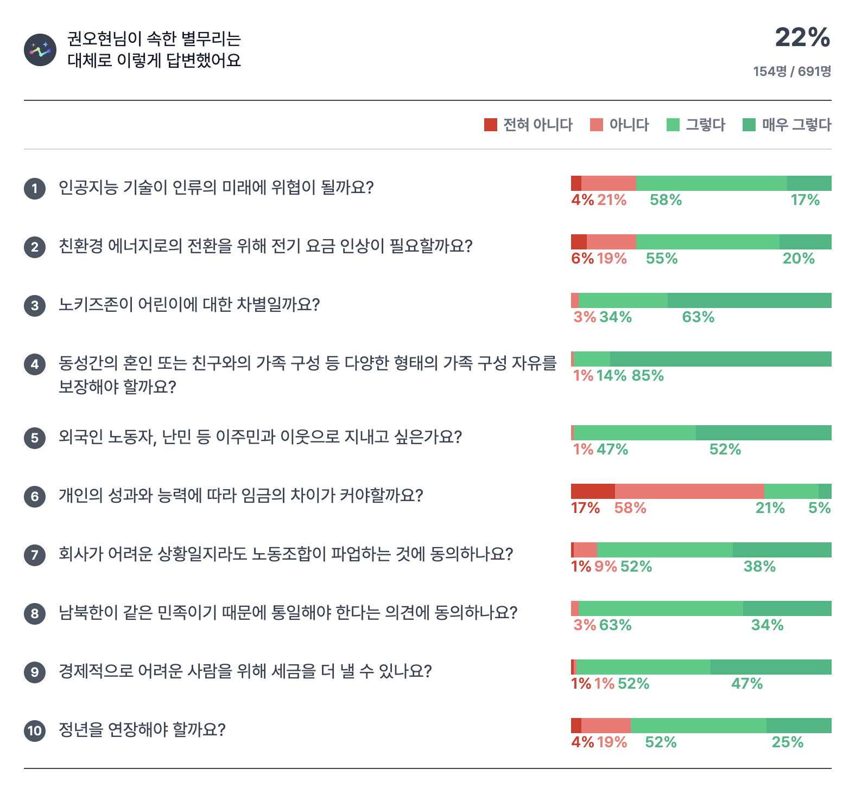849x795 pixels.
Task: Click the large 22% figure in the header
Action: (802, 38)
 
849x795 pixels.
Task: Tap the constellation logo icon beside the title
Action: (40, 50)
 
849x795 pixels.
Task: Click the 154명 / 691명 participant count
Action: (792, 72)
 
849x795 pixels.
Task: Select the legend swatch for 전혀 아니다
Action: (491, 125)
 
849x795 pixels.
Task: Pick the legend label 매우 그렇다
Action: (796, 125)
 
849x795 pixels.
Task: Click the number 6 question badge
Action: (35, 496)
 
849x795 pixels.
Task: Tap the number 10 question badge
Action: (35, 730)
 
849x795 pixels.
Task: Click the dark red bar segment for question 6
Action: (593, 491)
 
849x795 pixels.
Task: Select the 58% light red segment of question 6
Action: (689, 491)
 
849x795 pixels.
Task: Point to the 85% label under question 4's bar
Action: (648, 376)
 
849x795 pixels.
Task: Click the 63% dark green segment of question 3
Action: (749, 300)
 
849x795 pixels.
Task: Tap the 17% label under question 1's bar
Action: (805, 200)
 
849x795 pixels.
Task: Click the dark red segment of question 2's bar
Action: (579, 242)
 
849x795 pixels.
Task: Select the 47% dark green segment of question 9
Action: (771, 667)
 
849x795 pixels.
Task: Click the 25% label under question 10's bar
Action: (788, 742)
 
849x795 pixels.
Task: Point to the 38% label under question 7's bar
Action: (759, 567)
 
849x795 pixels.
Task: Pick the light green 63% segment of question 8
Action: (661, 608)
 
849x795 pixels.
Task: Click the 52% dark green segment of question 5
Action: (763, 433)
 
